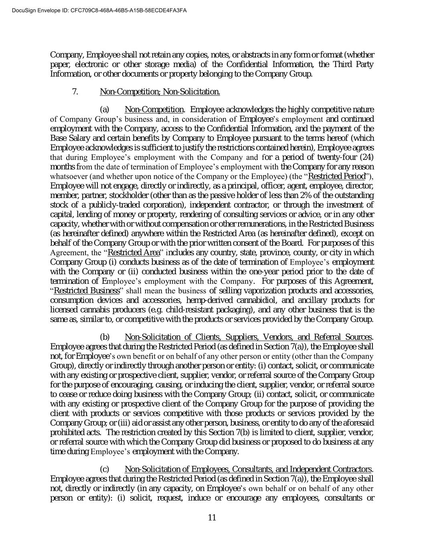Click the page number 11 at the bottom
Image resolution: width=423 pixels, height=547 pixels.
click(x=212, y=517)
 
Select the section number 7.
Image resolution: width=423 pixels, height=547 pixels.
click(x=75, y=92)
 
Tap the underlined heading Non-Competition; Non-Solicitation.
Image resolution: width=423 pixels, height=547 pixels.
click(x=160, y=92)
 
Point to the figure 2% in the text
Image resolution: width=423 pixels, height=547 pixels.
click(x=306, y=195)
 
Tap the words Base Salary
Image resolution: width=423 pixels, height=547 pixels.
click(x=68, y=138)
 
